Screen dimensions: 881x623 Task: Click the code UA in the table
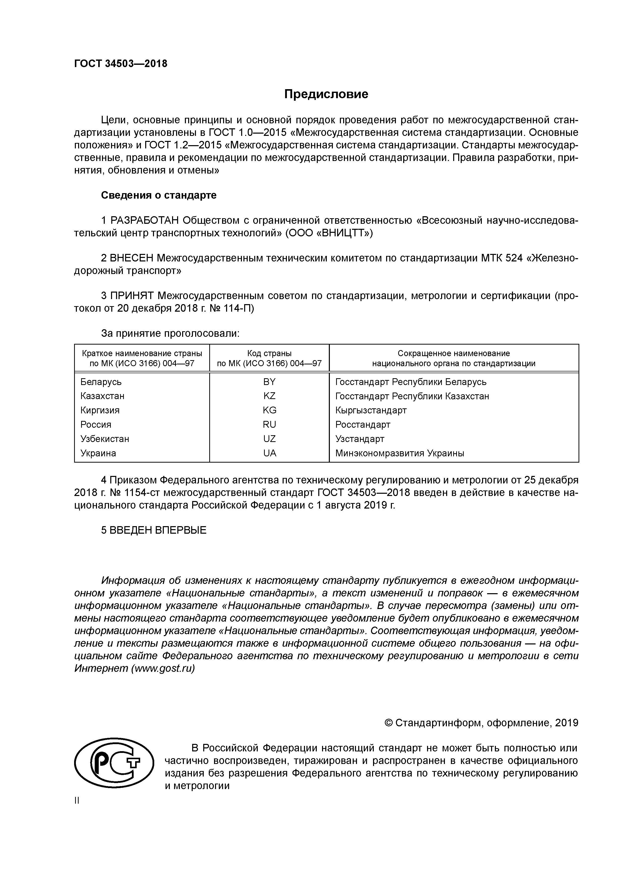tap(270, 453)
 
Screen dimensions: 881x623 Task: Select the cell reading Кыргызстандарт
tap(371, 410)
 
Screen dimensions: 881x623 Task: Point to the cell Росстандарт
tap(363, 424)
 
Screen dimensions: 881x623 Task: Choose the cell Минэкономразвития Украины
tap(400, 453)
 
